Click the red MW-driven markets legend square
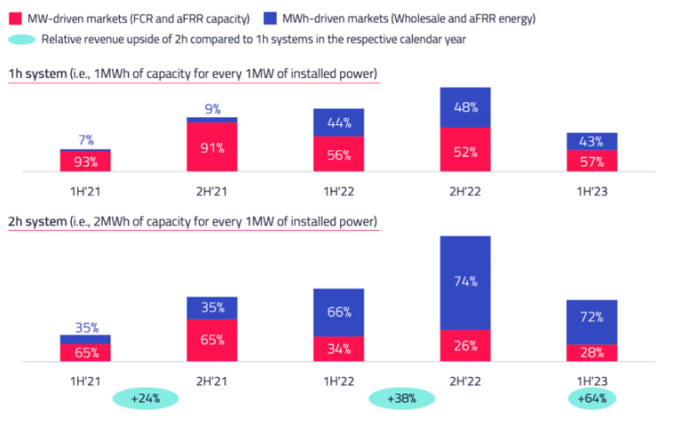coord(15,18)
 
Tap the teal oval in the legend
coord(21,39)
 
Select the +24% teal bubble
coord(145,398)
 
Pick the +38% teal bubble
coord(403,398)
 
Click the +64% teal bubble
coord(592,398)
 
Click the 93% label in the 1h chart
coord(85,161)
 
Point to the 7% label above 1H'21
coord(85,140)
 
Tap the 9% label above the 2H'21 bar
coord(212,109)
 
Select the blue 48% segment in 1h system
coord(465,108)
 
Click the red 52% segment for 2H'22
coord(465,150)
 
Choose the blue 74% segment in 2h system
coord(465,282)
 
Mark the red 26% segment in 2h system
coord(465,346)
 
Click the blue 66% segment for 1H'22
coord(338,312)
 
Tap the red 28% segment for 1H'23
coord(592,352)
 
